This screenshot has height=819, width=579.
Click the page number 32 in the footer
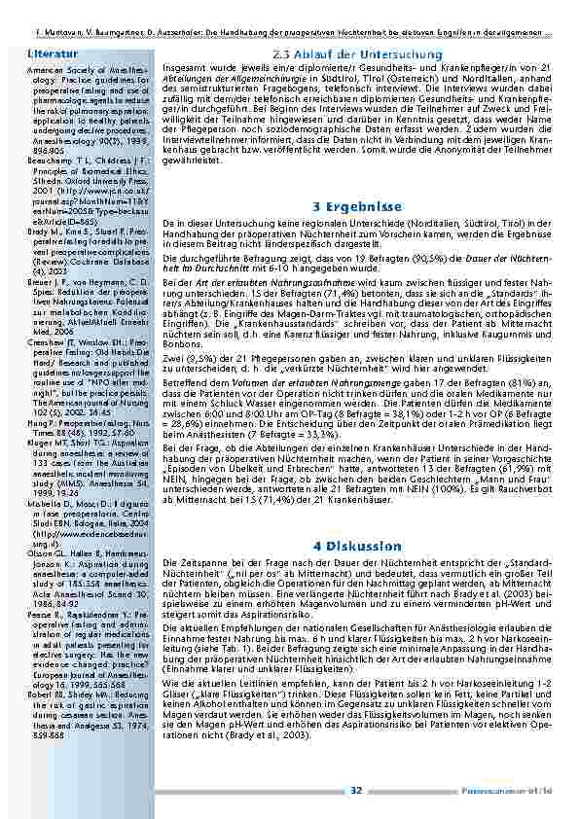click(356, 790)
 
